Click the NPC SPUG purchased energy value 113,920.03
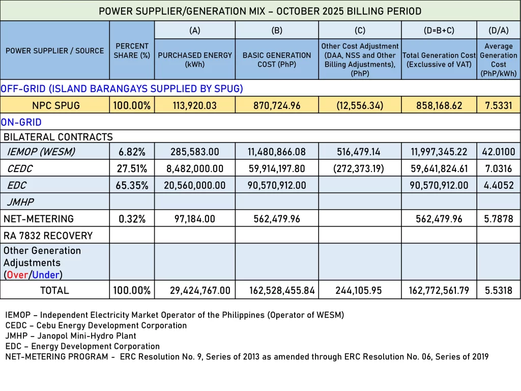click(194, 106)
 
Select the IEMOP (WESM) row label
click(41, 152)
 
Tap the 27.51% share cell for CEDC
click(132, 169)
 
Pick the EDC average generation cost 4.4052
click(498, 185)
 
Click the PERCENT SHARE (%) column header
click(132, 50)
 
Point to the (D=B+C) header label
click(439, 31)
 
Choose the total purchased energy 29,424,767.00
click(200, 291)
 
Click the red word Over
click(17, 275)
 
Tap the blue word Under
click(46, 275)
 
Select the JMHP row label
click(20, 202)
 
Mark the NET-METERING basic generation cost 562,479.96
click(277, 219)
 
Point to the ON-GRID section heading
click(21, 122)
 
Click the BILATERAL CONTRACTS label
click(58, 137)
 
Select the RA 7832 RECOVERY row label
click(48, 236)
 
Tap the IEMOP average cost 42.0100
click(498, 152)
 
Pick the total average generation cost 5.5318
click(498, 291)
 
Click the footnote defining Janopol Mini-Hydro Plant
click(71, 336)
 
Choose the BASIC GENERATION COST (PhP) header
click(277, 60)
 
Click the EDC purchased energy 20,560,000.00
click(194, 185)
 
